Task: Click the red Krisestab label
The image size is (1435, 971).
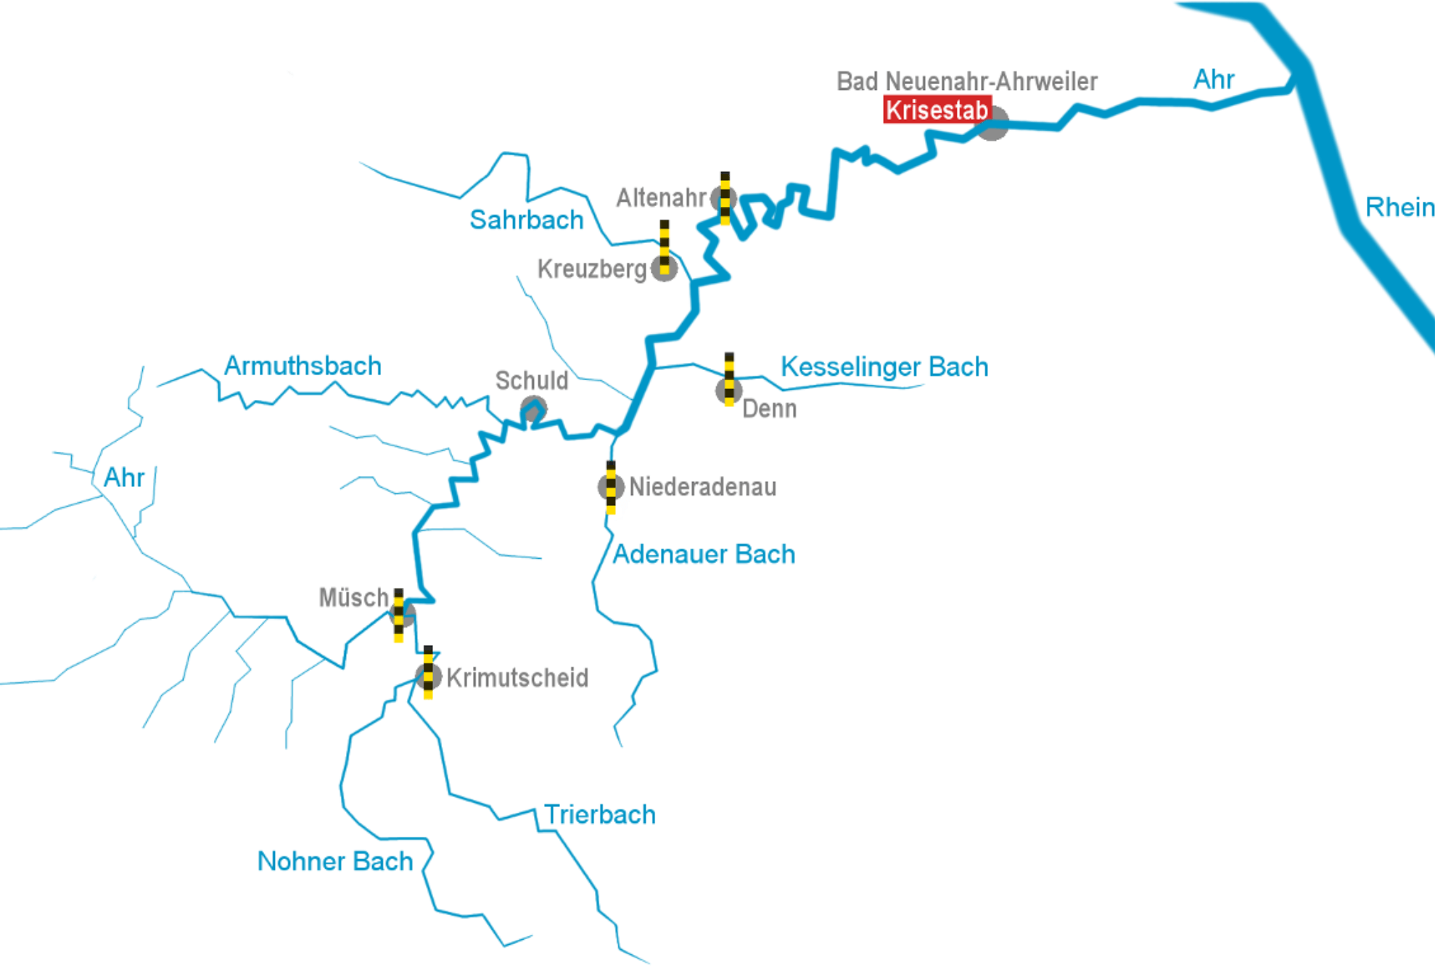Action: coord(937,110)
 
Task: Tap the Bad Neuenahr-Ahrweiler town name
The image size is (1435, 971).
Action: coord(966,81)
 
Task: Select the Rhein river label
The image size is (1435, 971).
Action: coord(1399,208)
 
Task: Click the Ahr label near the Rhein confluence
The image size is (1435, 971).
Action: coord(1214,80)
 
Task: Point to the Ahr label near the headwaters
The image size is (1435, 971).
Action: coord(124,478)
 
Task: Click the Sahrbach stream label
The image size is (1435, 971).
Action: coord(526,220)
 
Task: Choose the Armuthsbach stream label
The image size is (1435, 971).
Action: coord(303,366)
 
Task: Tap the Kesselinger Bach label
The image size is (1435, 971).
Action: coord(884,366)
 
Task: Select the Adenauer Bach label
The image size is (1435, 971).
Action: coord(704,554)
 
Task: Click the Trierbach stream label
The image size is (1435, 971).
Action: coord(599,814)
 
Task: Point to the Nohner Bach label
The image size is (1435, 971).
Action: coord(334,861)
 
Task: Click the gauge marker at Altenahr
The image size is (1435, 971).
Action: coord(725,198)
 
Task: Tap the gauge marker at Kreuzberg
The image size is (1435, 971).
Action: coord(665,248)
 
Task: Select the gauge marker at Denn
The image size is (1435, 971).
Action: coord(729,380)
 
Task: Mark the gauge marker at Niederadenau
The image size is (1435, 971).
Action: coord(611,487)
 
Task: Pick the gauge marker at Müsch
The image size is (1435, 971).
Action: coord(399,615)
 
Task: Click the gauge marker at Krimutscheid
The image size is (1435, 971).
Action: coord(428,673)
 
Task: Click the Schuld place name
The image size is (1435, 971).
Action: coord(531,381)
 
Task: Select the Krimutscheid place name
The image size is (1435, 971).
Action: coord(517,678)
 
